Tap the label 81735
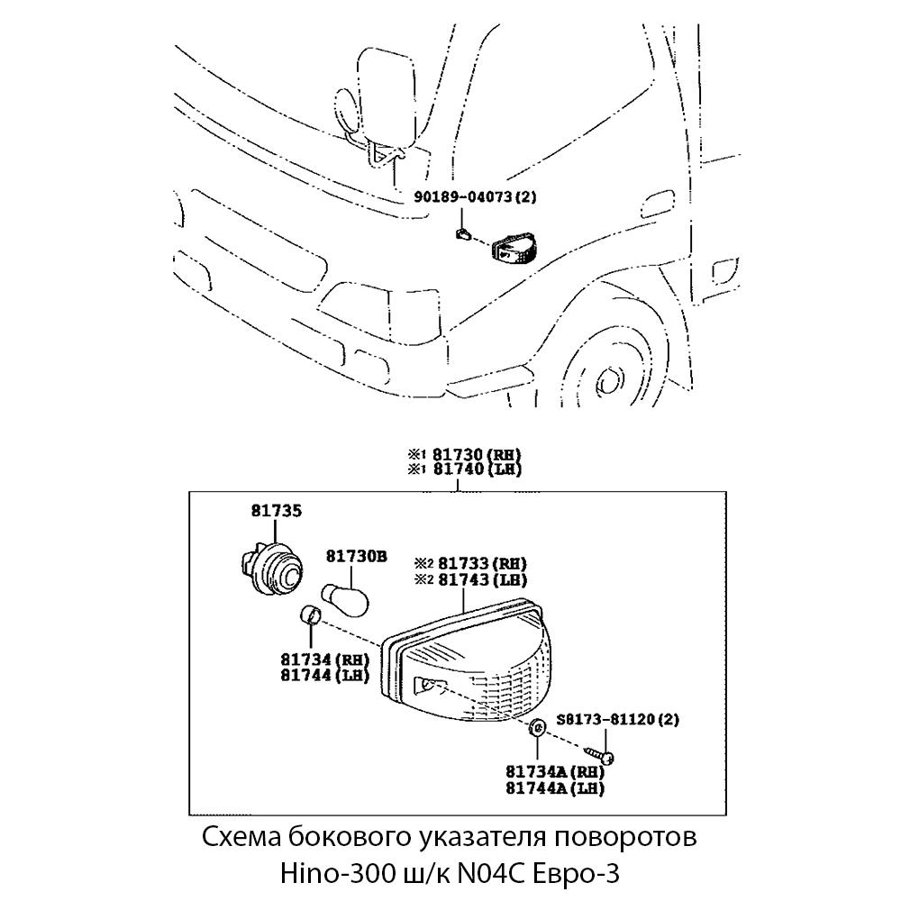click(x=277, y=511)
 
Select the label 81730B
click(x=356, y=557)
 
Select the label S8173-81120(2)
click(x=618, y=719)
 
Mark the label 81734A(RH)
click(x=554, y=772)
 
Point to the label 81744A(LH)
click(x=554, y=787)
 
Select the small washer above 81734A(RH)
click(x=537, y=729)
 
